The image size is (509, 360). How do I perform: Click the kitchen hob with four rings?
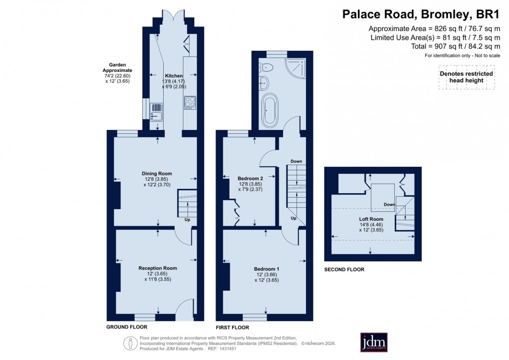click(x=190, y=102)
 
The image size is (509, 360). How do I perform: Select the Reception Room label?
click(x=157, y=268)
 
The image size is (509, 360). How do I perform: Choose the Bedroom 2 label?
click(x=250, y=178)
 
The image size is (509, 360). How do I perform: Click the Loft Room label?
click(x=371, y=219)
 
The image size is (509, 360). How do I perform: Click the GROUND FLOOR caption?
click(x=127, y=327)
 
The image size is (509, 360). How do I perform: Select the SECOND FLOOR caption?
click(x=344, y=270)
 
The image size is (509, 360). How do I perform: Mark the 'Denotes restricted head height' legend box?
click(x=466, y=77)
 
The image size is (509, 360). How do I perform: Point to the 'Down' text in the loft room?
click(x=389, y=204)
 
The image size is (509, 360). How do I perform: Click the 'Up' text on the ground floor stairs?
click(x=187, y=220)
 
